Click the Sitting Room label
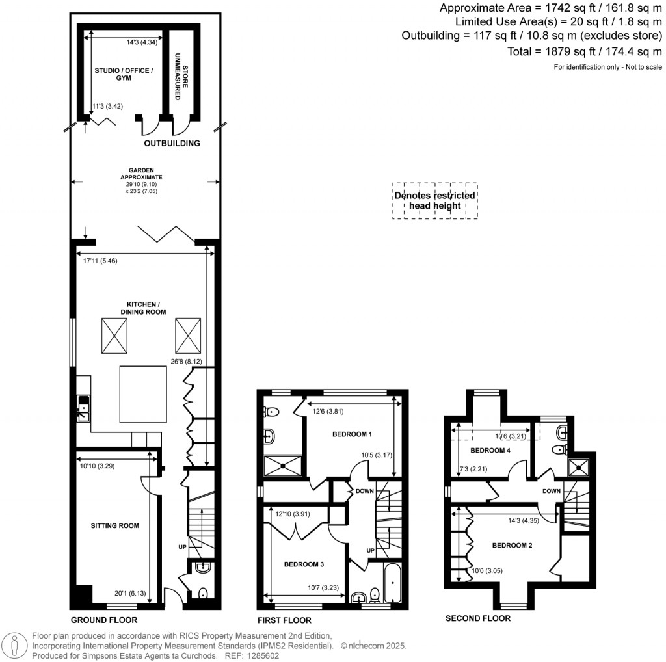pos(114,525)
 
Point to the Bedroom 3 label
pos(304,564)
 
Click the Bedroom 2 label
pos(512,545)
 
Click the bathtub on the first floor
pos(393,583)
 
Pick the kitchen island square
pos(141,394)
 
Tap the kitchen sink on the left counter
pos(83,409)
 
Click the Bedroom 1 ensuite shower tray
pos(284,465)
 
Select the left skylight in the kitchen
pos(115,336)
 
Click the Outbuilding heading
pos(172,143)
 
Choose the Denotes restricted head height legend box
pos(434,200)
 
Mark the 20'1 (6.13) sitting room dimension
pos(137,592)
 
